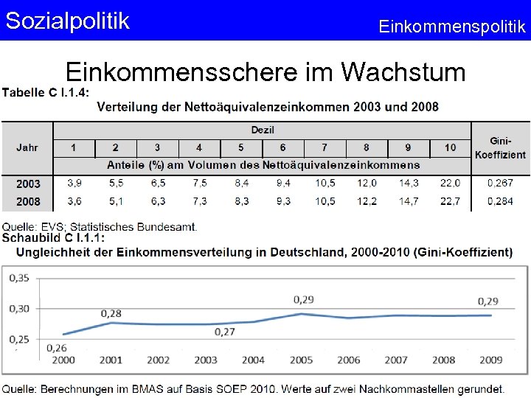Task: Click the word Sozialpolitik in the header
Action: click(67, 21)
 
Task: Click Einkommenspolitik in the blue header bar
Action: click(451, 27)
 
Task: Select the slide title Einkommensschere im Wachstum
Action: click(265, 72)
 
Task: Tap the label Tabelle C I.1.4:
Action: click(46, 92)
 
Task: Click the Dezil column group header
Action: click(262, 130)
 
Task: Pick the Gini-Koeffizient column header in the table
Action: click(500, 147)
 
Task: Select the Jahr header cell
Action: click(27, 147)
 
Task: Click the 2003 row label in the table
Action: click(28, 183)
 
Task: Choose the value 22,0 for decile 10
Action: click(450, 183)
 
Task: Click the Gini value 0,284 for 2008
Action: click(500, 201)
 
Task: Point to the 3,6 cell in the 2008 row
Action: click(74, 201)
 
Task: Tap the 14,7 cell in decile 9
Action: click(408, 201)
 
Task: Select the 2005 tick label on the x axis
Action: click(301, 360)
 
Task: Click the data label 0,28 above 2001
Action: click(111, 314)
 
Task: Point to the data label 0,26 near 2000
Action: click(56, 347)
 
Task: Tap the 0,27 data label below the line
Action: click(225, 332)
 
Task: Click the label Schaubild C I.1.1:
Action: click(53, 238)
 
